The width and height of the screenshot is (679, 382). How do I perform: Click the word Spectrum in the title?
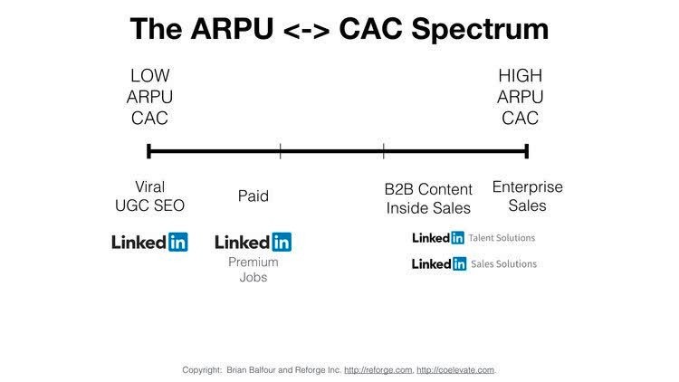474,30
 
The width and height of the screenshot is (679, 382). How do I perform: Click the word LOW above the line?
149,76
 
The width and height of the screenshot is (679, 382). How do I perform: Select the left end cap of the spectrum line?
148,151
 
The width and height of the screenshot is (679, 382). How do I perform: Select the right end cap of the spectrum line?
527,151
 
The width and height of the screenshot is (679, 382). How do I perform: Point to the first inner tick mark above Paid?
281,151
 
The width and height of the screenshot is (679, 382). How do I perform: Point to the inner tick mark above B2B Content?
383,151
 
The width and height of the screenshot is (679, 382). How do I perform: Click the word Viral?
149,187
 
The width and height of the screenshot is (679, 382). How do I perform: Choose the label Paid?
253,196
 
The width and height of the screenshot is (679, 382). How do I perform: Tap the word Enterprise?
527,187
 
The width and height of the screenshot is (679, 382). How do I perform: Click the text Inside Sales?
428,208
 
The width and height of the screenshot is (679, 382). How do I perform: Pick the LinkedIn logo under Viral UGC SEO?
149,242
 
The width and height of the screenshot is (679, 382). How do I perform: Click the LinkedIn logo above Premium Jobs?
253,242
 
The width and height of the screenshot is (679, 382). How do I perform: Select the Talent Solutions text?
502,238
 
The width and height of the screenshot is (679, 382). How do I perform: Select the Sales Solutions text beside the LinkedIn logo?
502,264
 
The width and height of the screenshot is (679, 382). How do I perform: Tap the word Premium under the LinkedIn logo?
253,263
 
